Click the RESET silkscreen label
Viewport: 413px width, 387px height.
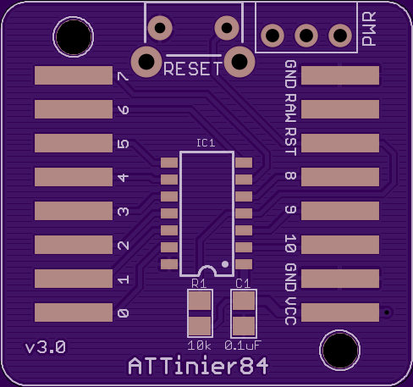pos(193,69)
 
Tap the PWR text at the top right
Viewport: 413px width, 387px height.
pos(369,29)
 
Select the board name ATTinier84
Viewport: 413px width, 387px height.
pos(198,366)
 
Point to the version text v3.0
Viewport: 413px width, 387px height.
pos(46,347)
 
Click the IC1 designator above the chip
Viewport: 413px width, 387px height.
pos(206,143)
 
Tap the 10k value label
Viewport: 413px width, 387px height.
pos(199,346)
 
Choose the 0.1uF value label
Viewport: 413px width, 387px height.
pos(243,346)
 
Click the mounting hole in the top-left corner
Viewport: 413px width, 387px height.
pos(74,37)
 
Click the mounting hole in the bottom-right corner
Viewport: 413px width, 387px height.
pos(340,350)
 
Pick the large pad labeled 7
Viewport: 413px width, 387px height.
pos(74,75)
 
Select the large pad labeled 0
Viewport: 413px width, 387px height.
pos(74,312)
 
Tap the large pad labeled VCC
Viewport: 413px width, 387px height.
pos(340,312)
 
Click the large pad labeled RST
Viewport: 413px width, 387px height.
pos(340,143)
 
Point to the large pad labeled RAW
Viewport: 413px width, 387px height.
pos(340,109)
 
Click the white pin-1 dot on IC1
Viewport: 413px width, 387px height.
pos(225,264)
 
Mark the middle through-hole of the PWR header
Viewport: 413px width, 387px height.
pos(306,36)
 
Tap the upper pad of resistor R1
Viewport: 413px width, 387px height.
pos(200,300)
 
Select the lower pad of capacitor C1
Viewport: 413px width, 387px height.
pos(243,326)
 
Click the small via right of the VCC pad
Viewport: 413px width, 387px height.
pos(387,312)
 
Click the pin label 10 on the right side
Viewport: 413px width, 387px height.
pos(290,243)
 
